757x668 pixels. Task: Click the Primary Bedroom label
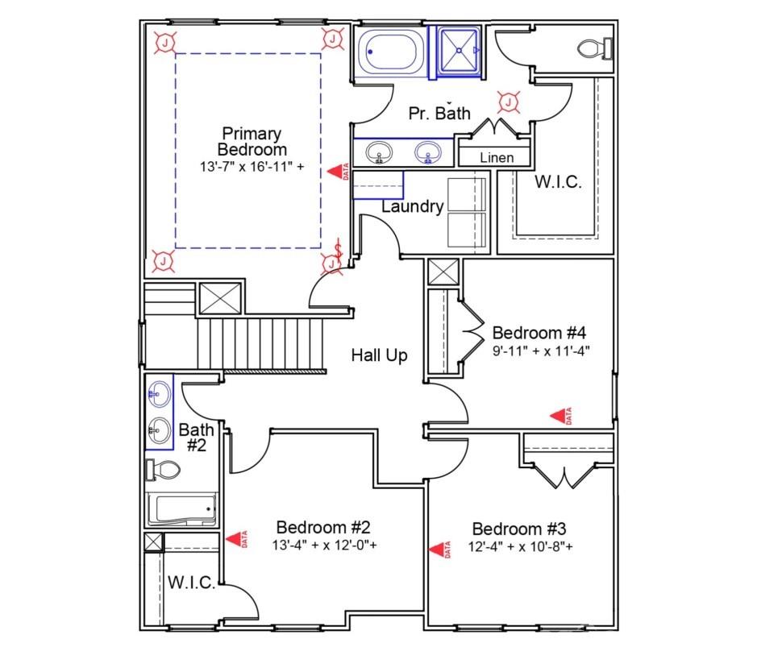coord(252,141)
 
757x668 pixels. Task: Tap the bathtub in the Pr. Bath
coord(388,52)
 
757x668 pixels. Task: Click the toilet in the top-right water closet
coord(596,49)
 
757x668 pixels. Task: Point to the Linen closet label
coord(496,157)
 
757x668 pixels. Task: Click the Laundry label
coord(412,207)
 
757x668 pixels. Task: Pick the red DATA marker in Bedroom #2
coord(236,539)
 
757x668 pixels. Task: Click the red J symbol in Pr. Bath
coord(509,102)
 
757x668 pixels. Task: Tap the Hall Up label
coord(379,355)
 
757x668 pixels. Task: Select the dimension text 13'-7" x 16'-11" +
coord(252,168)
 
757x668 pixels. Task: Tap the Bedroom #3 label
coord(519,529)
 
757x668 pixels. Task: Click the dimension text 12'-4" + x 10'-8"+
coord(519,547)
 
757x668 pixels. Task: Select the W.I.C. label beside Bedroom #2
coord(191,583)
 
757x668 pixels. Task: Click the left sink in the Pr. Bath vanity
coord(377,151)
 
